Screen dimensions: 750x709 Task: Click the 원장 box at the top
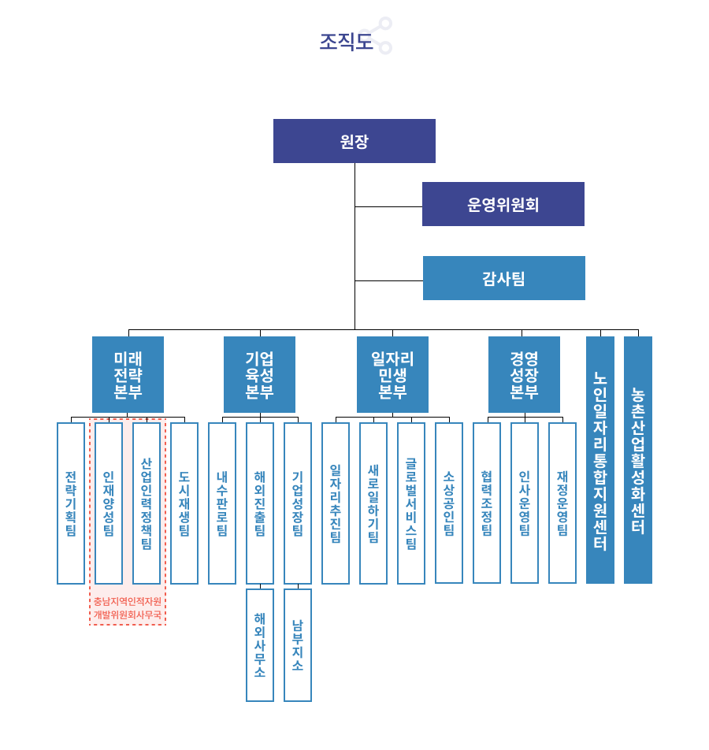tap(354, 141)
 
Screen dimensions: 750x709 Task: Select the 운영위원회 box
tap(503, 204)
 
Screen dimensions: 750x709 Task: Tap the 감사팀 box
tap(503, 278)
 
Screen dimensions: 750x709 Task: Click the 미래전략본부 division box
tap(128, 374)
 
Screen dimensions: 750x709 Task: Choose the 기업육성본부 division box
tap(259, 374)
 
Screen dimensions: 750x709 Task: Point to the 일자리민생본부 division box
tap(392, 374)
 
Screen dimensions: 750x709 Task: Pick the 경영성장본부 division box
tap(524, 374)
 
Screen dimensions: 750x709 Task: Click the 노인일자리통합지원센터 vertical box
tap(600, 460)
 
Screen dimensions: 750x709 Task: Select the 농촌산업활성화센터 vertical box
tap(638, 460)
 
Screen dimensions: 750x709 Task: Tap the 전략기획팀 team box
tap(71, 503)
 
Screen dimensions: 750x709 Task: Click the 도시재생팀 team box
tap(184, 503)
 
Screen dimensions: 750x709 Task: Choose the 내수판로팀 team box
tap(222, 503)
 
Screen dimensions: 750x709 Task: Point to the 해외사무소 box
tap(260, 644)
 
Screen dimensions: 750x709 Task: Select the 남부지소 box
tap(298, 644)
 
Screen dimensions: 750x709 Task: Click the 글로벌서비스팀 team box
tap(411, 503)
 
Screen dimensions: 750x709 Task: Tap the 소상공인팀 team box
tap(449, 503)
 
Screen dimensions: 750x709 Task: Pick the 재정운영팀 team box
tap(562, 503)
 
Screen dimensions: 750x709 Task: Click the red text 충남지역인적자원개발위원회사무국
tap(128, 608)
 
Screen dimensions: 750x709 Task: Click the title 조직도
tap(346, 41)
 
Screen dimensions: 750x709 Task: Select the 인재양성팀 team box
tap(109, 503)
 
